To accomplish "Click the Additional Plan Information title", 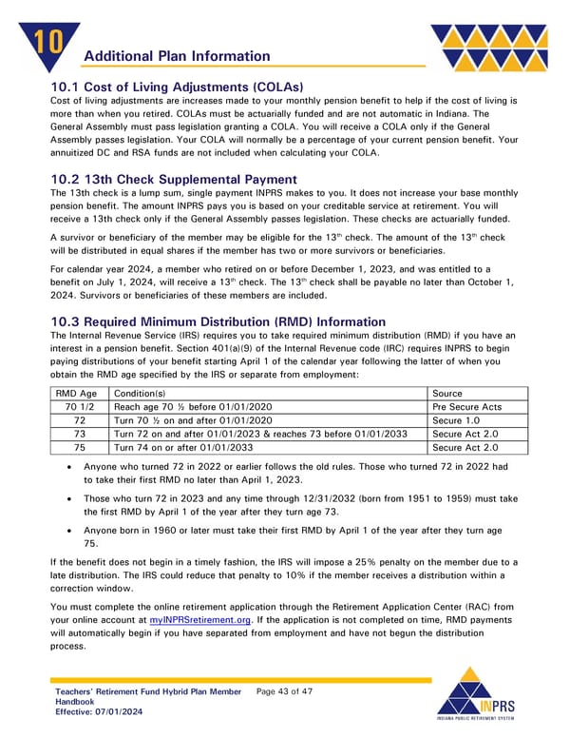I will point(177,57).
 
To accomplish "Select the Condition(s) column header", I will point(139,393).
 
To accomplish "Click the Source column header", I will point(448,393).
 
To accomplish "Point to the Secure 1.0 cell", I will point(458,420).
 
